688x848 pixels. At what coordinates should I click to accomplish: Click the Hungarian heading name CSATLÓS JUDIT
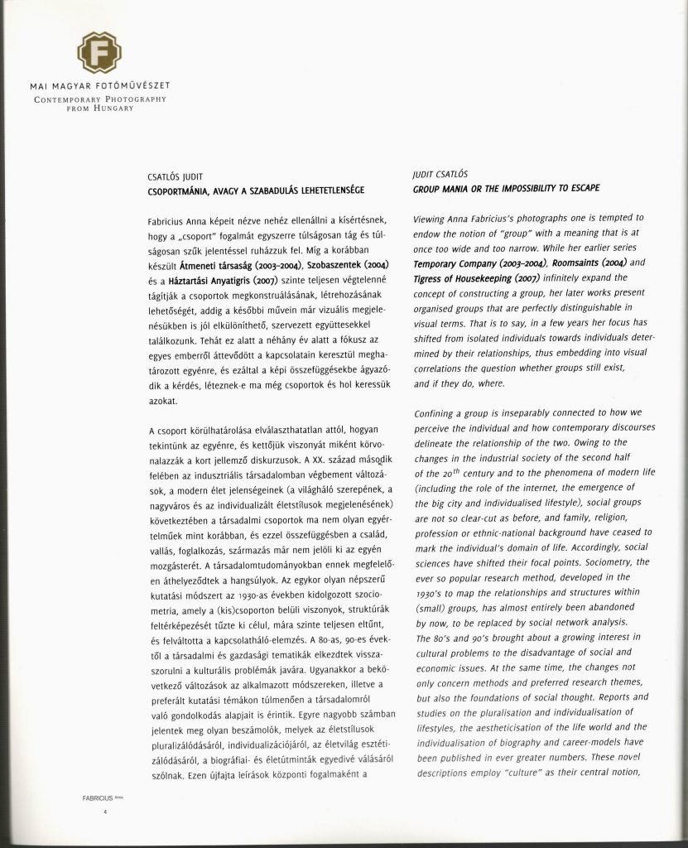[x=176, y=176]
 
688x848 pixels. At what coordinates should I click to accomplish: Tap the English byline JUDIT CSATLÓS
[x=440, y=175]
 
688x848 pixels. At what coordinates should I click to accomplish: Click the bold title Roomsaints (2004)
[x=580, y=262]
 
